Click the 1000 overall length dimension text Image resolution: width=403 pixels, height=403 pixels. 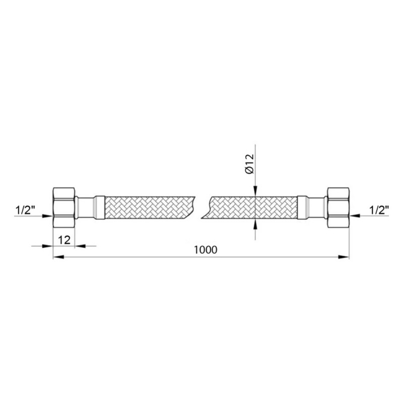(x=204, y=249)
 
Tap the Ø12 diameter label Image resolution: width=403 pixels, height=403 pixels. (x=250, y=164)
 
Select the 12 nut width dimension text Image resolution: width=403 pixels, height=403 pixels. (x=63, y=239)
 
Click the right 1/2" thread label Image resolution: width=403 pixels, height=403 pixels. (x=378, y=210)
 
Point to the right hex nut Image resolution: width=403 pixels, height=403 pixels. (x=339, y=207)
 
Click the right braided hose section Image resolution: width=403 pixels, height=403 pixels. (x=252, y=207)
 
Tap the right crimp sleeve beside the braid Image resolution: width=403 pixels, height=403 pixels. (x=303, y=207)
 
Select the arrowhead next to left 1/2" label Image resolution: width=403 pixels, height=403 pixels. (x=49, y=216)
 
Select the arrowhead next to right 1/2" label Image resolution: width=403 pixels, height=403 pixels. (x=355, y=216)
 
